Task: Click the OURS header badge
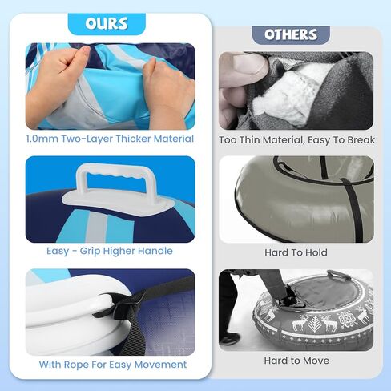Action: click(107, 24)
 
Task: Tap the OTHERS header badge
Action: click(291, 35)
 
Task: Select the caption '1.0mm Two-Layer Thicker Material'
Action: click(110, 139)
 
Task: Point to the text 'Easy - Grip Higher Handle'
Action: click(110, 251)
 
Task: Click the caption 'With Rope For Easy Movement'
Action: click(113, 365)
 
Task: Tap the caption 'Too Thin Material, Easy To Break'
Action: click(296, 140)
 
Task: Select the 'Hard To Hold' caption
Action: click(296, 252)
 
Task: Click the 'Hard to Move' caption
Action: click(296, 361)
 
